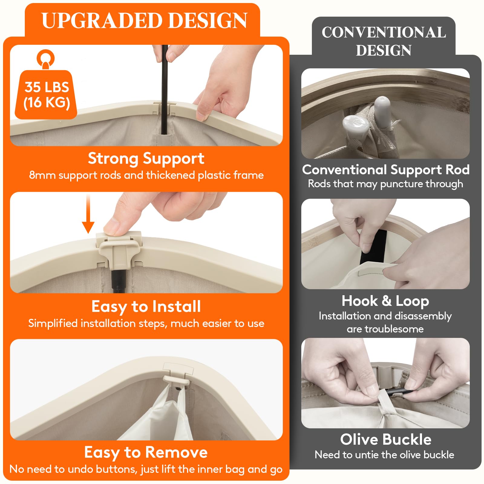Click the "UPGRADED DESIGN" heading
pos(145,21)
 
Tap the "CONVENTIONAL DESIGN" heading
pos(384,41)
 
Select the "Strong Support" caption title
pos(146,159)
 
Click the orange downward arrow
pos(88,214)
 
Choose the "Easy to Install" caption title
pos(146,307)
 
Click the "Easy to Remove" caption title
pos(146,453)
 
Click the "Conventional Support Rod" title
pos(386,170)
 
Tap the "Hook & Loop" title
pos(385,301)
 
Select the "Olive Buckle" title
pos(386,440)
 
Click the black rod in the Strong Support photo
pos(165,90)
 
